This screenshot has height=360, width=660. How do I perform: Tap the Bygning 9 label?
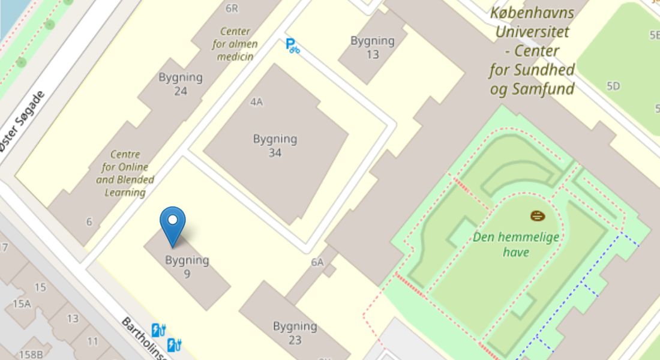[x=187, y=267]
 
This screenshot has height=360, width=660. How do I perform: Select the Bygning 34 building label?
[x=275, y=146]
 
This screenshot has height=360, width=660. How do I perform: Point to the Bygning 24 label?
[x=180, y=84]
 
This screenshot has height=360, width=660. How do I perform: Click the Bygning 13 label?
[x=373, y=47]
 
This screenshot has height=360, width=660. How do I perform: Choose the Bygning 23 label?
[x=295, y=333]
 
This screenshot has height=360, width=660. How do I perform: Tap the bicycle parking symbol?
[x=292, y=45]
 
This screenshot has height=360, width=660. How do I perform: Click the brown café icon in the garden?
[x=538, y=215]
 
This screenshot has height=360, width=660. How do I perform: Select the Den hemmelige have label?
[x=516, y=244]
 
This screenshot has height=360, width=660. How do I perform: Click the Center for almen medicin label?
[x=235, y=44]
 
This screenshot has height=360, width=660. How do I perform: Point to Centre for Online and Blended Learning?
[x=125, y=173]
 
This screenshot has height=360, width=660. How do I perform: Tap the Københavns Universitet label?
[x=532, y=51]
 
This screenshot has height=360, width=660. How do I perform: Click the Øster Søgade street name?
[x=22, y=121]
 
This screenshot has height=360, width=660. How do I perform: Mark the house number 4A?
[x=256, y=102]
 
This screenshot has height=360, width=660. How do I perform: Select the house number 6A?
[x=317, y=262]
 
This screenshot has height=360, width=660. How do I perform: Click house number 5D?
[x=613, y=86]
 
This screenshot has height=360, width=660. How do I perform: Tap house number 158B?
[x=31, y=355]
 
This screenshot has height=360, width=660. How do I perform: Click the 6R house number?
[x=232, y=8]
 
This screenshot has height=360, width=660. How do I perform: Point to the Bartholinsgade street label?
[x=144, y=338]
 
